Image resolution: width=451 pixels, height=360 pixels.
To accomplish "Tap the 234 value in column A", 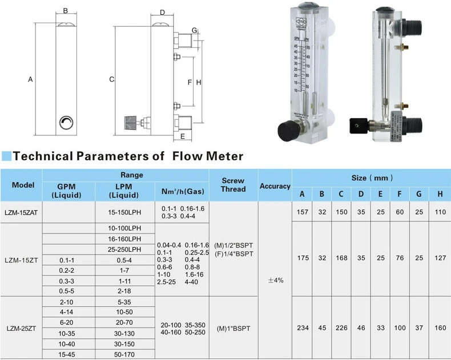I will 303,328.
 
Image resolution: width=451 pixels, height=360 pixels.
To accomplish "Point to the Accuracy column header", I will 275,186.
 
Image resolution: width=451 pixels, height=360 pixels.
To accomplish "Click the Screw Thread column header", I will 233,185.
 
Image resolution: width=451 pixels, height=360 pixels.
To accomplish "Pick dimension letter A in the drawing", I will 30,80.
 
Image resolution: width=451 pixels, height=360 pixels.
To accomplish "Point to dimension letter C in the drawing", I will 112,79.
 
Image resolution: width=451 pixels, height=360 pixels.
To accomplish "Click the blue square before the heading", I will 6,156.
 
